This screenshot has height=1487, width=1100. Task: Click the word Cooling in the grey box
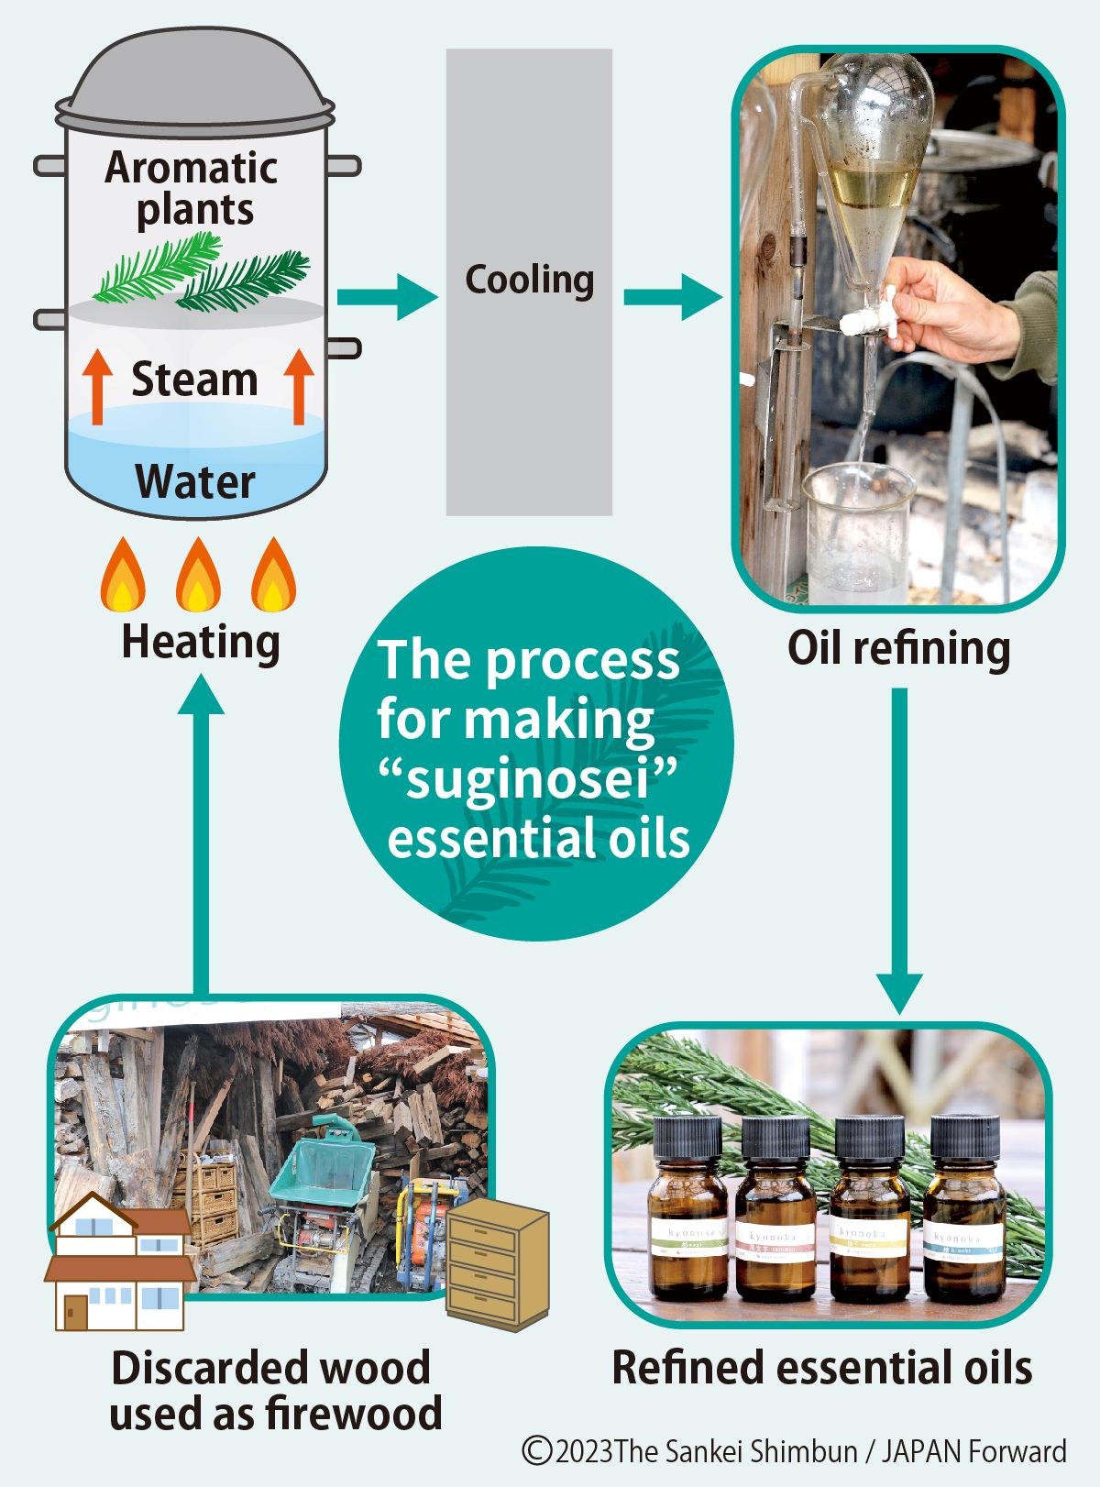pyautogui.click(x=529, y=280)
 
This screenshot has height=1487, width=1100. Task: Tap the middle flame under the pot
pyautogui.click(x=197, y=576)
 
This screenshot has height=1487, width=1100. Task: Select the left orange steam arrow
pyautogui.click(x=97, y=386)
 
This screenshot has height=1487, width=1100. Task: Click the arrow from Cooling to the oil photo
pyautogui.click(x=672, y=297)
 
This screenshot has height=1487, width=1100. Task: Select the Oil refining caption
pyautogui.click(x=898, y=649)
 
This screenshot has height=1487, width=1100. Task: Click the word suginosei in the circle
pyautogui.click(x=528, y=780)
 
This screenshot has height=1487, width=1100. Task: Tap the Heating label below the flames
pyautogui.click(x=200, y=642)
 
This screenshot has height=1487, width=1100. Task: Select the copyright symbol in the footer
pyautogui.click(x=537, y=1451)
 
